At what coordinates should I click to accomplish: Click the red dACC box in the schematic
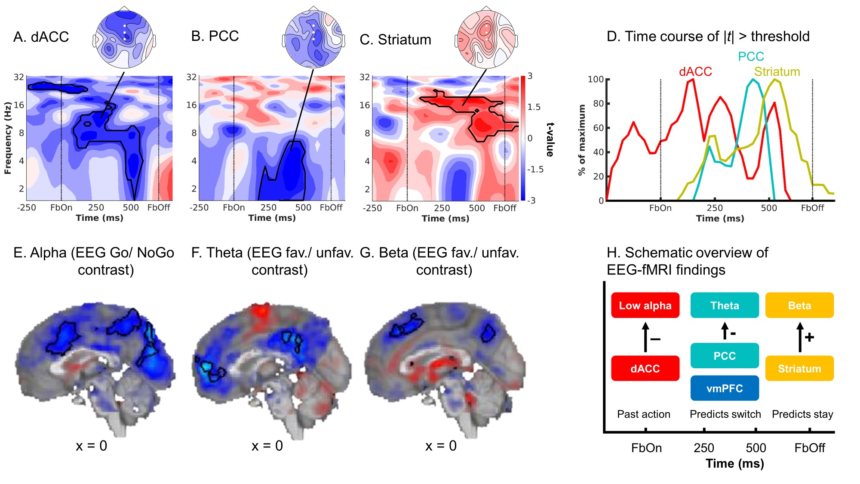tap(645, 368)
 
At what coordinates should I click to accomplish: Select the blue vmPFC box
tap(725, 388)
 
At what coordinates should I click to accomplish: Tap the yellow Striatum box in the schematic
tap(799, 368)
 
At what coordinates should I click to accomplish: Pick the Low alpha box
tap(645, 305)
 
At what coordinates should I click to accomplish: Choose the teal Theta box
tap(725, 305)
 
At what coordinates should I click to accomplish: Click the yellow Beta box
tap(799, 305)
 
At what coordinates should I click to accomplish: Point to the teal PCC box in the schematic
tap(725, 356)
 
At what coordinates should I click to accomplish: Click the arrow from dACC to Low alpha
tap(645, 338)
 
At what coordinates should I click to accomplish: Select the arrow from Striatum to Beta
tap(800, 337)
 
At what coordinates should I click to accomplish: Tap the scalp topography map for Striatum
tap(486, 39)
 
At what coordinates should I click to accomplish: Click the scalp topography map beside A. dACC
tap(124, 39)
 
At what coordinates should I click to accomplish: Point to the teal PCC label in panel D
tap(751, 56)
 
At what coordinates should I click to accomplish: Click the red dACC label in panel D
tap(695, 71)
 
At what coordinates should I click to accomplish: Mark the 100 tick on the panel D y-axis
tap(596, 79)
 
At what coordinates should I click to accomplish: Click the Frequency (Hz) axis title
tap(8, 138)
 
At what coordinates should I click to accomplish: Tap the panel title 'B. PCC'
tap(215, 36)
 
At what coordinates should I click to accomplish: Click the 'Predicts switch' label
tap(725, 414)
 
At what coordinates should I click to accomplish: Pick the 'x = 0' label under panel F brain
tap(267, 446)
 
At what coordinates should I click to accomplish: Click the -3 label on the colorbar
tap(531, 200)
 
